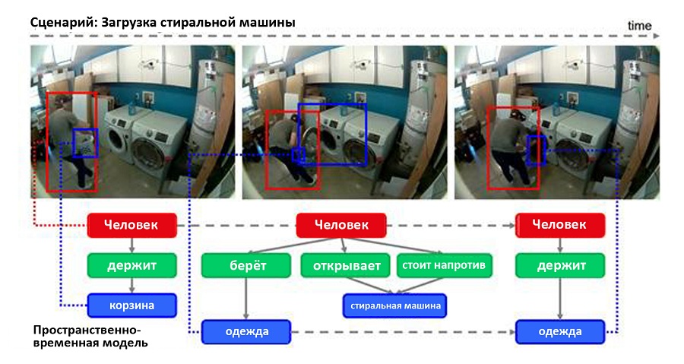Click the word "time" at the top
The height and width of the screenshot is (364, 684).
639,26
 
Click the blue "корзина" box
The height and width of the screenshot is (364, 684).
132,305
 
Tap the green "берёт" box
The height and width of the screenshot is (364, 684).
246,264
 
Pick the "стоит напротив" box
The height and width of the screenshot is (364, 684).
444,264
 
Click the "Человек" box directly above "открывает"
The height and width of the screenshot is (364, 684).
341,225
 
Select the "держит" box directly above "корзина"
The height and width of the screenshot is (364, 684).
132,264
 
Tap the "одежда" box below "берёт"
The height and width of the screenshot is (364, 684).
246,332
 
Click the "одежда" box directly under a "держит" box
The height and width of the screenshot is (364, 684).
560,332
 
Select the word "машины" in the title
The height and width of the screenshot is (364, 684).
265,22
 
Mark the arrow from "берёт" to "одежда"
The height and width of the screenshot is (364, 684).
246,298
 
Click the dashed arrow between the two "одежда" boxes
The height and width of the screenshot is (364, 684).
403,332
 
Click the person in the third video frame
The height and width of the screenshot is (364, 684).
508,148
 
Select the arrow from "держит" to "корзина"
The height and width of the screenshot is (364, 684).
132,285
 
